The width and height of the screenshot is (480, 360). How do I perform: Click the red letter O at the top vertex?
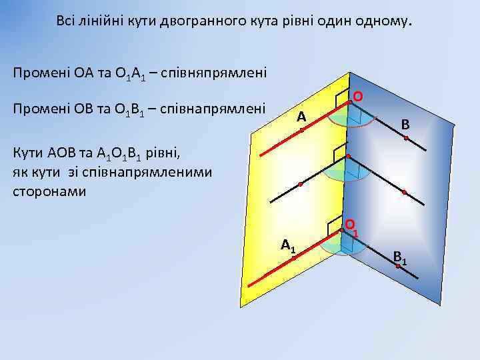[358, 97]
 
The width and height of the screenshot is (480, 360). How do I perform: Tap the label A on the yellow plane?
[301, 117]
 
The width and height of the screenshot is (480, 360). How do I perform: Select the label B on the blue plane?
[405, 124]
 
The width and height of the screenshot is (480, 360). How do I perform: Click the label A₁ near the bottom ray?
[288, 245]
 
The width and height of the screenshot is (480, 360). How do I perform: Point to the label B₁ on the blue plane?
[401, 257]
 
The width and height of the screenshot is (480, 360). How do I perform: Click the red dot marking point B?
[405, 138]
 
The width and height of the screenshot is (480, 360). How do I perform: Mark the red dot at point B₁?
[397, 266]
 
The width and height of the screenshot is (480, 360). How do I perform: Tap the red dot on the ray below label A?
[301, 130]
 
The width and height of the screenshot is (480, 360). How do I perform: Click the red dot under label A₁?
[293, 257]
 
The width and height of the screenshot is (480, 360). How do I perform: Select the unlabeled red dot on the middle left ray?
[301, 183]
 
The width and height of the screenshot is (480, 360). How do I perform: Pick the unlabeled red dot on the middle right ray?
[404, 192]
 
